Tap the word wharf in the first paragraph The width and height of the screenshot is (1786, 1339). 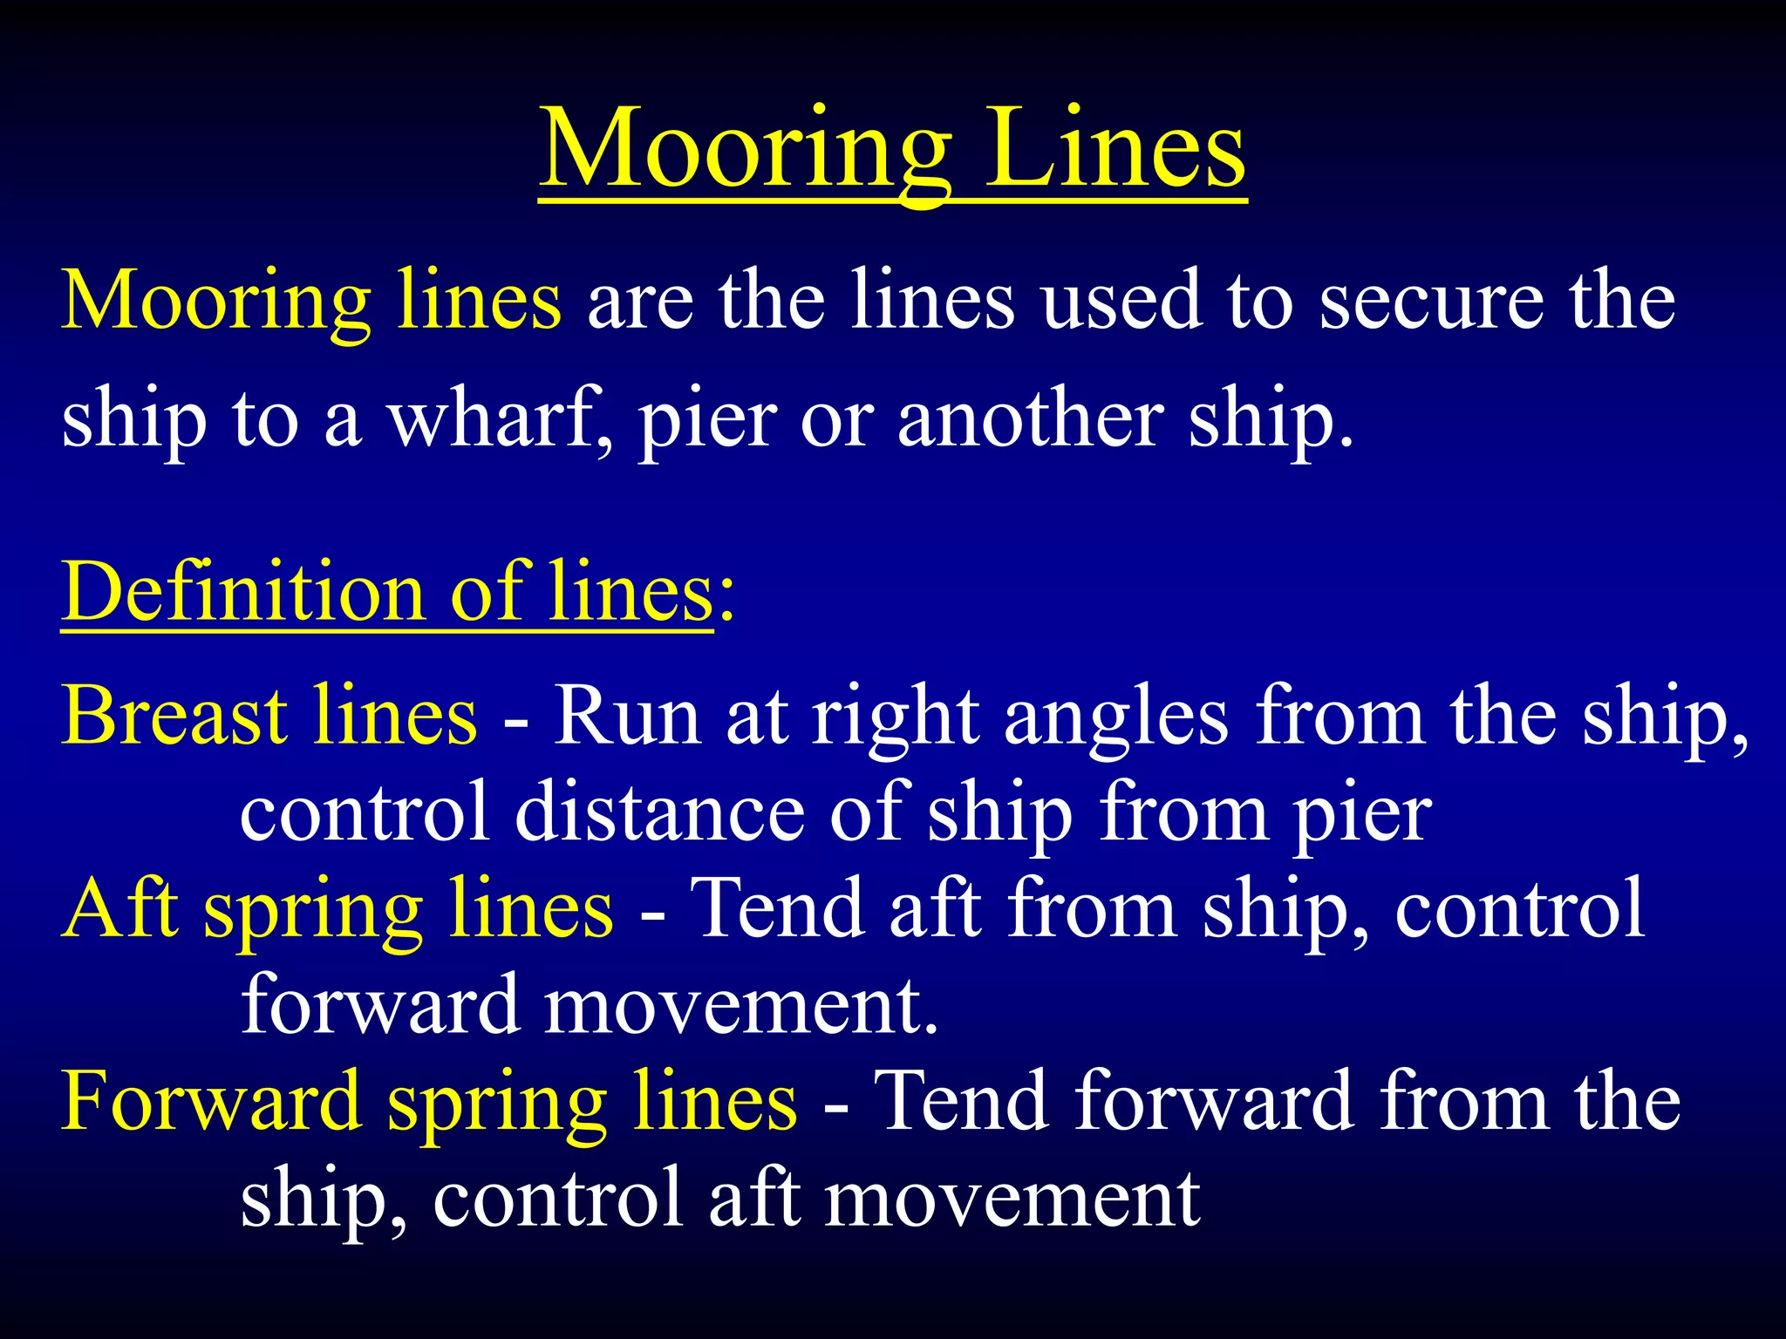point(500,419)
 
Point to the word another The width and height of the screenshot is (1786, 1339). point(1030,419)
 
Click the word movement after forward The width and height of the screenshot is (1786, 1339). point(740,1006)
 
